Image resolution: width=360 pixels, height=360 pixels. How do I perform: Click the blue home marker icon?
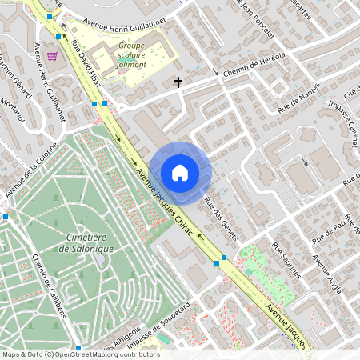pyautogui.click(x=180, y=173)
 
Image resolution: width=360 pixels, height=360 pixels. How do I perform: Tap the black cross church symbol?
pyautogui.click(x=178, y=82)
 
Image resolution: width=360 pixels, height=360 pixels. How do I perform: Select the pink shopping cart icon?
pyautogui.click(x=53, y=56)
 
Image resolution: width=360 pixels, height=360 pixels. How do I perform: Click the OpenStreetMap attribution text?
pyautogui.click(x=80, y=354)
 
